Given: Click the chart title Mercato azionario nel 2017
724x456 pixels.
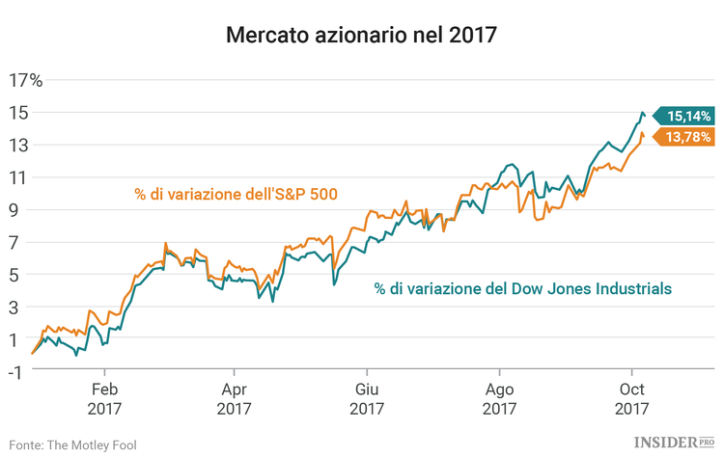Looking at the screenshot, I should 361,37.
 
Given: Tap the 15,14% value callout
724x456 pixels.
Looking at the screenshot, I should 689,116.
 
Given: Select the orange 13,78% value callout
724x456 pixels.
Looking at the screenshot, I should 689,137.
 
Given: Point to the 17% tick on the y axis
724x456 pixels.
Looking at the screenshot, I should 25,80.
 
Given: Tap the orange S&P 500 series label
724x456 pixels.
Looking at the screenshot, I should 236,193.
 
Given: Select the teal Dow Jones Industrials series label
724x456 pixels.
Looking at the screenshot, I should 523,288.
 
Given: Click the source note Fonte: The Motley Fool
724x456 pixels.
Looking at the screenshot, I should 73,444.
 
